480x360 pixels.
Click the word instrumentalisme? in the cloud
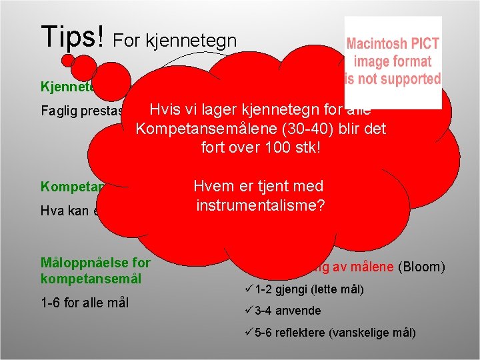click(260, 205)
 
